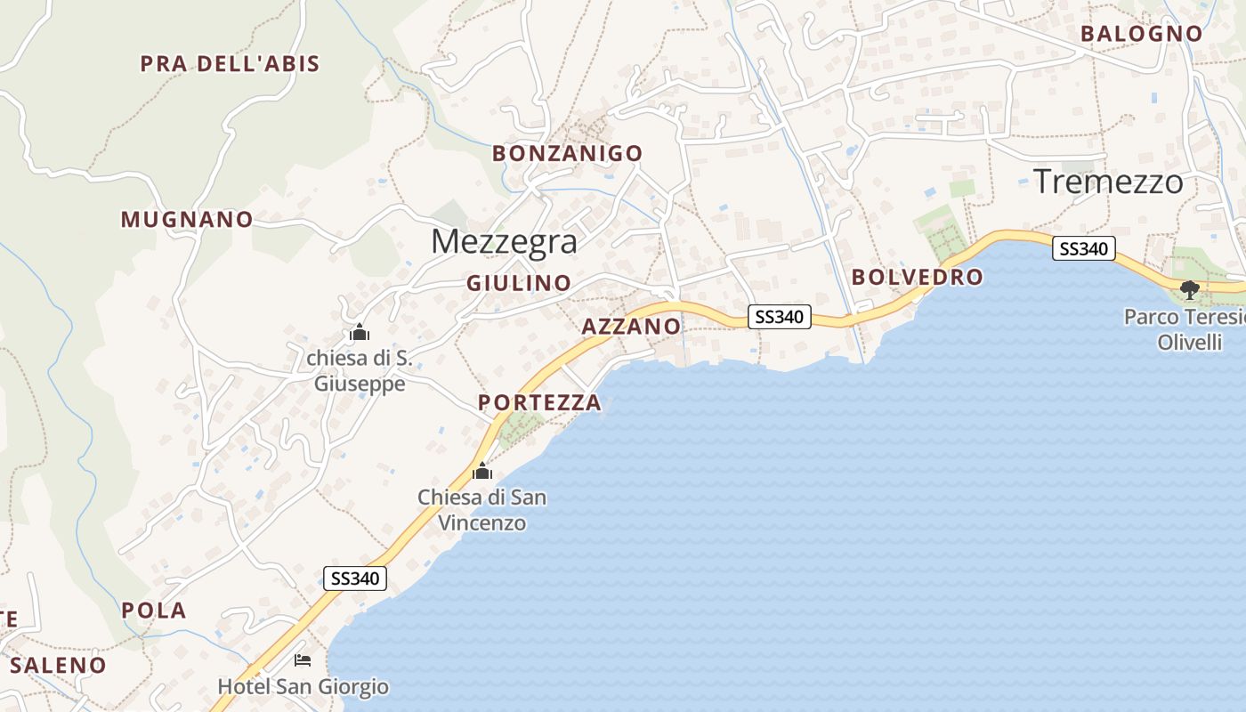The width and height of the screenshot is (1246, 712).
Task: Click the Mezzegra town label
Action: click(504, 242)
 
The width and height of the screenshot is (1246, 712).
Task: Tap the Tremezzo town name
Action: click(1108, 182)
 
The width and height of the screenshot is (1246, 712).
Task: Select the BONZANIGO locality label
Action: click(567, 154)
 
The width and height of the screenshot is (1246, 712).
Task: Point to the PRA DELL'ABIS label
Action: click(230, 64)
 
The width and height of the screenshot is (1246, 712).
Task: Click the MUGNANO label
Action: click(187, 220)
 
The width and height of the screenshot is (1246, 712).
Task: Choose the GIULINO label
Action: click(519, 284)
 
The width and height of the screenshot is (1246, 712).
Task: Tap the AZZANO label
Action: click(631, 327)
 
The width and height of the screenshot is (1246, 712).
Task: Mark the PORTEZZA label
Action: click(539, 403)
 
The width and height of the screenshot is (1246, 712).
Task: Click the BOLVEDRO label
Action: click(917, 278)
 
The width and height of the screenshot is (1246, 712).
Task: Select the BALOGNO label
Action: click(1141, 34)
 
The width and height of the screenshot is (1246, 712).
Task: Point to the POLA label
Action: click(154, 611)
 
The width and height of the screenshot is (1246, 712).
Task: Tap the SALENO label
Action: click(58, 665)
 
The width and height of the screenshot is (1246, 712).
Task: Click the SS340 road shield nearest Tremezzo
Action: click(1083, 248)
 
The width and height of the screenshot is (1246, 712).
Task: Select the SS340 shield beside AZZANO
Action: click(779, 316)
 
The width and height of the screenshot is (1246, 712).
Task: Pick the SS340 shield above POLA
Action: click(354, 578)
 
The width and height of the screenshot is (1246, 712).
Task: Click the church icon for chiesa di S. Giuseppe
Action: click(360, 333)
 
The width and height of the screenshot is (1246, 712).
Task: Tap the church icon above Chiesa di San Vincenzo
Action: click(482, 471)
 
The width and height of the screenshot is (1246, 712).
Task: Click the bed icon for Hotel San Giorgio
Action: click(303, 660)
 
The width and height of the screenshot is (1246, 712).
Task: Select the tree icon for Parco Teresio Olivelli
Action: click(1189, 289)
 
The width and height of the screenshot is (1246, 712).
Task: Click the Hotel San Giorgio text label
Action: click(303, 687)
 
